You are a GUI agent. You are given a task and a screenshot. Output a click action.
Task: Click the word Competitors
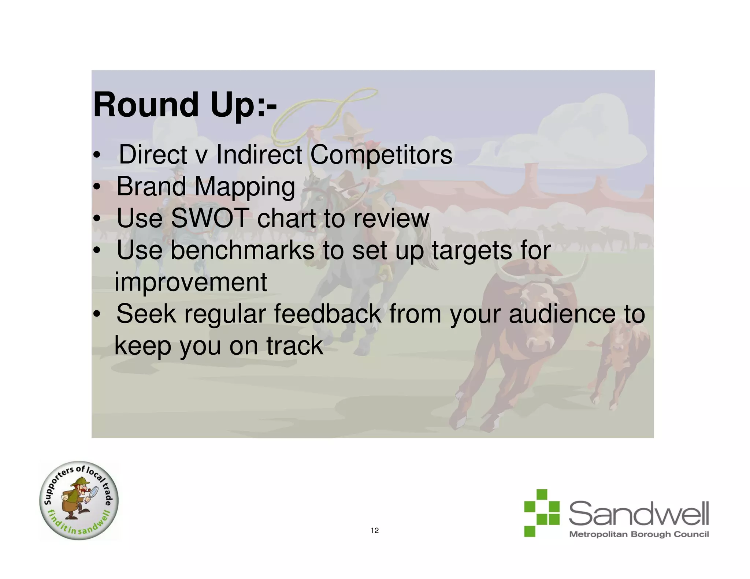tap(381, 155)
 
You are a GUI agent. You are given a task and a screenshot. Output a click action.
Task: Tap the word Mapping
tap(245, 187)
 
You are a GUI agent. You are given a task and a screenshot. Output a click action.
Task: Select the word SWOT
tap(210, 218)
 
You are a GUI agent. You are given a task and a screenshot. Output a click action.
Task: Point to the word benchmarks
tap(242, 250)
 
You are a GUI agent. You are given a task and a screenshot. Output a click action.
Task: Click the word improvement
tap(190, 282)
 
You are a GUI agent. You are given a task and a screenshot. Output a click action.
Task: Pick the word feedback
tap(327, 314)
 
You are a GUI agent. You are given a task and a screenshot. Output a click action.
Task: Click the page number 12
tap(375, 531)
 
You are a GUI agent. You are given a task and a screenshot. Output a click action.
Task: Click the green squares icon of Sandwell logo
tap(541, 513)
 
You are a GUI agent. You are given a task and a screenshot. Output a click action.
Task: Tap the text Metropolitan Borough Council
tap(639, 534)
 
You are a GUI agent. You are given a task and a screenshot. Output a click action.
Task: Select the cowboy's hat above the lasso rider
tap(353, 124)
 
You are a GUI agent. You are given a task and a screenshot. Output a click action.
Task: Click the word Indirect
tap(259, 155)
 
